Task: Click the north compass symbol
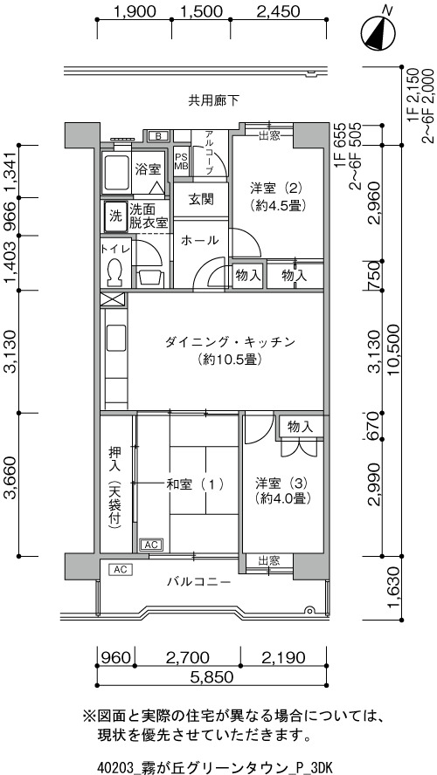[x=378, y=35]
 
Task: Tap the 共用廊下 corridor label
[x=213, y=101]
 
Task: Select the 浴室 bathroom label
[x=148, y=169]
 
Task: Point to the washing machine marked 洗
[x=114, y=216]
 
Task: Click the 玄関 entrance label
[x=201, y=200]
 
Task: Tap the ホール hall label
[x=200, y=240]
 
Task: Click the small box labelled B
[x=158, y=136]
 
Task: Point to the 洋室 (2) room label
[x=275, y=195]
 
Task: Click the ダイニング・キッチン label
[x=230, y=349]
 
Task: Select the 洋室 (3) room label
[x=282, y=490]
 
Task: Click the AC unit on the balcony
[x=121, y=570]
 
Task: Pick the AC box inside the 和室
[x=152, y=545]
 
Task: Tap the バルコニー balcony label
[x=198, y=582]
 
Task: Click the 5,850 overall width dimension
[x=212, y=676]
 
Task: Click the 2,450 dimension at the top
[x=278, y=10]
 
